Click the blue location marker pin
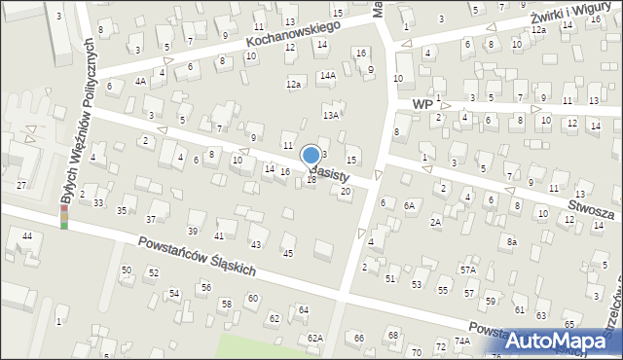pos(311,157)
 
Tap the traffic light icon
pos(64,216)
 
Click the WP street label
pos(421,103)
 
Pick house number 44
pos(27,236)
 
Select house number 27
pos(21,185)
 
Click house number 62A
pos(314,338)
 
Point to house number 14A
pos(328,75)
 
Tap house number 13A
pos(331,115)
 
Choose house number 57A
pos(468,270)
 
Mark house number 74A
pos(462,342)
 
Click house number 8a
pos(511,241)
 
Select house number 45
pos(287,253)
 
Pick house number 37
pos(151,219)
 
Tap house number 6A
pos(410,205)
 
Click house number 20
pos(345,191)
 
